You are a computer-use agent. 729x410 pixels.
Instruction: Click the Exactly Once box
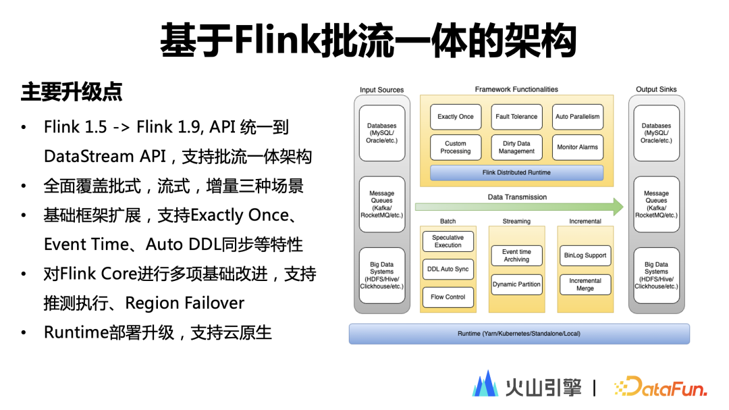coord(455,117)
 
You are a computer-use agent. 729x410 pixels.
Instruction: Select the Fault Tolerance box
coord(516,117)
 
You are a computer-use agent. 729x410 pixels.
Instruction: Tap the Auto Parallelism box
coord(577,117)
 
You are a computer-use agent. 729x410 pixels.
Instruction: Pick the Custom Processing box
coord(455,147)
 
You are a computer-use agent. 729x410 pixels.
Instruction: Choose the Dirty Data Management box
coord(516,147)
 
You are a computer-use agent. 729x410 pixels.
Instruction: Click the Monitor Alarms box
coord(577,147)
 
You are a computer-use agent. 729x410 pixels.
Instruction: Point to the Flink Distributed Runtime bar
coord(516,173)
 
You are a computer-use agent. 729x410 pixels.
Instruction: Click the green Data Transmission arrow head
coord(618,207)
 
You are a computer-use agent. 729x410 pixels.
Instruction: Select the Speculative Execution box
coord(448,242)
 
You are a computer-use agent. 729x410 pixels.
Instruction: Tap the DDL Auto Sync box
coord(448,270)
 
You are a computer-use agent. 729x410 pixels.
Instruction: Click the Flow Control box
coord(448,297)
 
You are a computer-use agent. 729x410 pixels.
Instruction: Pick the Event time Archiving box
coord(516,255)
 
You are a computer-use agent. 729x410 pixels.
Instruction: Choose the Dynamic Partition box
coord(516,284)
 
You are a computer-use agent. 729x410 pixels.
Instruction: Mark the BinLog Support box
coord(585,255)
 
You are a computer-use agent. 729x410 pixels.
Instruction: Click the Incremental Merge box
coord(585,284)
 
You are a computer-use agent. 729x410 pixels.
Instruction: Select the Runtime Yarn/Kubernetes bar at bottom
coord(519,334)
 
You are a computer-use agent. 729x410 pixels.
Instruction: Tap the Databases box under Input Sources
coord(381,133)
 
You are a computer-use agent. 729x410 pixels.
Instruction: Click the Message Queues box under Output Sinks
coord(657,204)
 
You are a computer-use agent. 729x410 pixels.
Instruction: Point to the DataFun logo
coord(661,387)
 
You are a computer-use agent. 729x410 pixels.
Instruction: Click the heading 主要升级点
coord(72,92)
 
